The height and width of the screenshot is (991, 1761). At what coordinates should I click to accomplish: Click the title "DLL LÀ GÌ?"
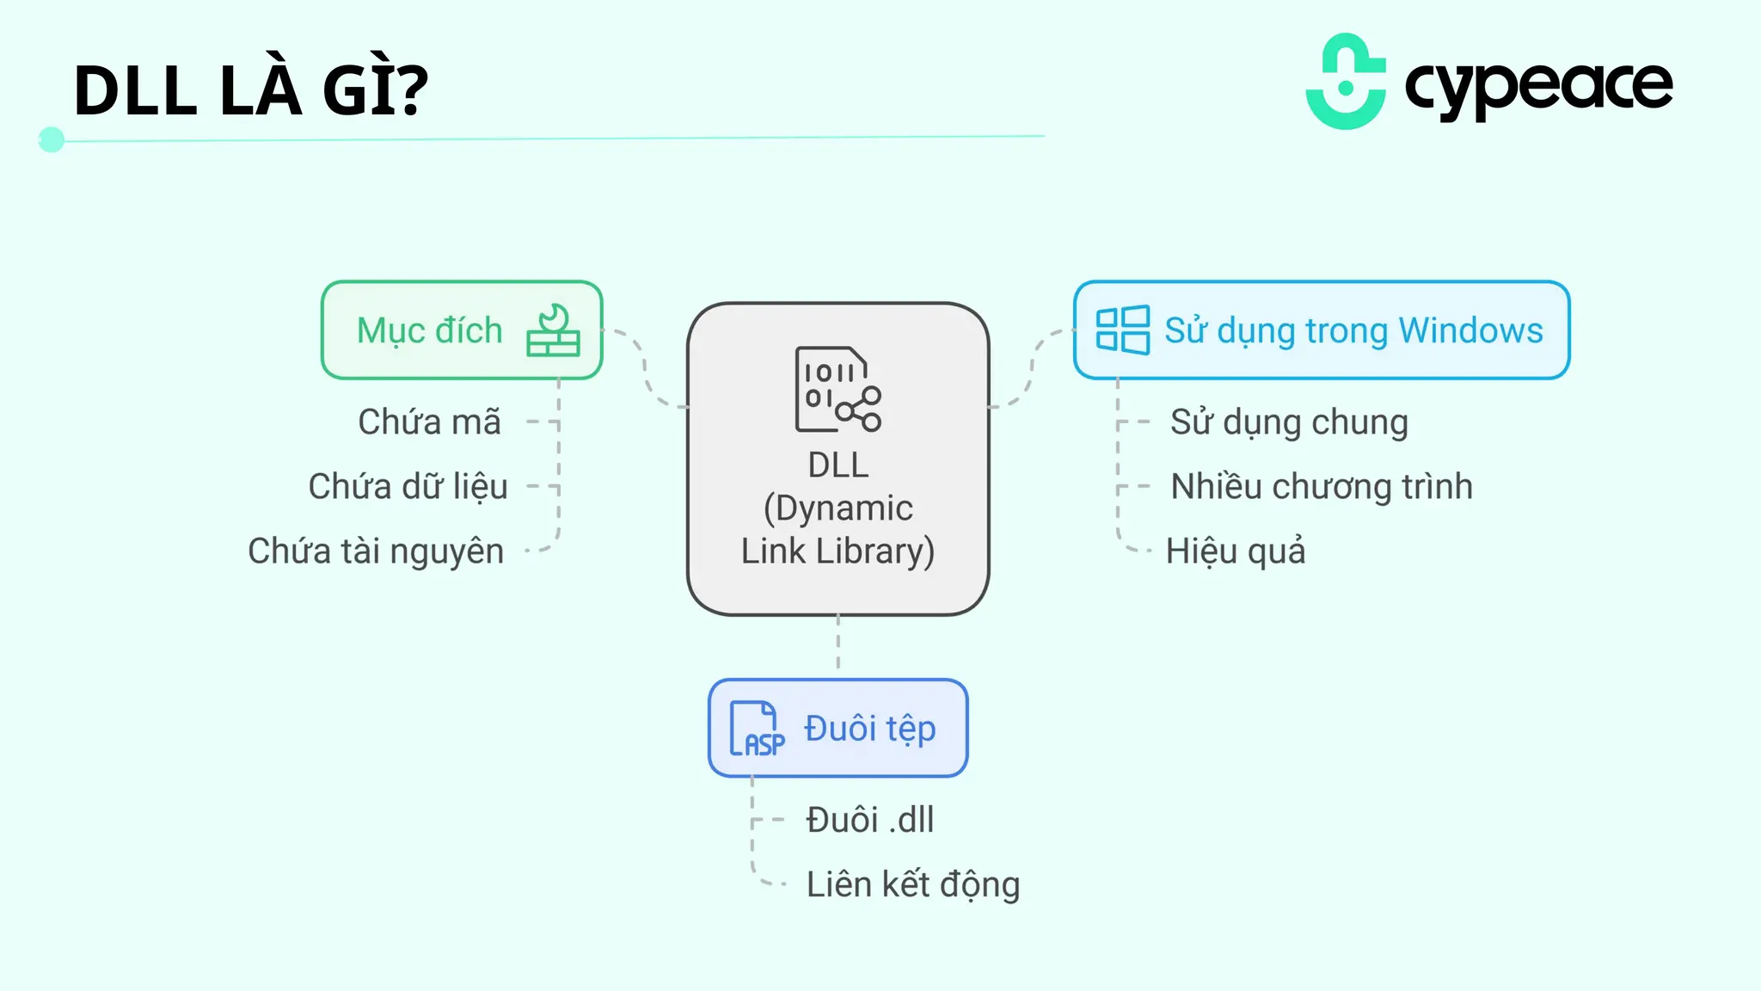(250, 90)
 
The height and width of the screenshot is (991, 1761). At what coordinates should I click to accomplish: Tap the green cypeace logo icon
(1346, 83)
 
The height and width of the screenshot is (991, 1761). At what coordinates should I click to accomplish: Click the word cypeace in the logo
(1538, 86)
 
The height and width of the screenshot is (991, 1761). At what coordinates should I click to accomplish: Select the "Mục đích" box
(462, 330)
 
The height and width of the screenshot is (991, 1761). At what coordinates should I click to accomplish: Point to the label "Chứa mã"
(429, 422)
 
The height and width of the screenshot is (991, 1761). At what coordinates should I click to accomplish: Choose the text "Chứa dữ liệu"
(408, 487)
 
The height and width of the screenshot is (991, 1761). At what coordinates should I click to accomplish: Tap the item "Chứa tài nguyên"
(376, 551)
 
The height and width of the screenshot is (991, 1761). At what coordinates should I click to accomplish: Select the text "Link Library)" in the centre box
(838, 551)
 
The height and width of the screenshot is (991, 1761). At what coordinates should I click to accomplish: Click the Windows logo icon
(1122, 330)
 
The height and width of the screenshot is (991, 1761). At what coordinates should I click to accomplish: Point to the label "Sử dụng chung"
(1289, 422)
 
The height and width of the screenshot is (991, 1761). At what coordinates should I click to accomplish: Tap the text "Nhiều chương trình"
(1322, 487)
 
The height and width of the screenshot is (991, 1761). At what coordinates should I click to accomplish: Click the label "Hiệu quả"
(1236, 551)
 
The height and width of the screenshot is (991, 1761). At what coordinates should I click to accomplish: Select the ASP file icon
(757, 729)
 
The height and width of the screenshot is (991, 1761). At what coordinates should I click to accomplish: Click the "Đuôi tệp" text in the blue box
(869, 729)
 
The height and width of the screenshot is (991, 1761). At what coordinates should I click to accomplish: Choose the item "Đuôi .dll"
(869, 820)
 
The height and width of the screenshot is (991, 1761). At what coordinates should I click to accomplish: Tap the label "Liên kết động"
(912, 884)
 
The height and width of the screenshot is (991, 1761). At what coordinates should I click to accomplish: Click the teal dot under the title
(52, 139)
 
